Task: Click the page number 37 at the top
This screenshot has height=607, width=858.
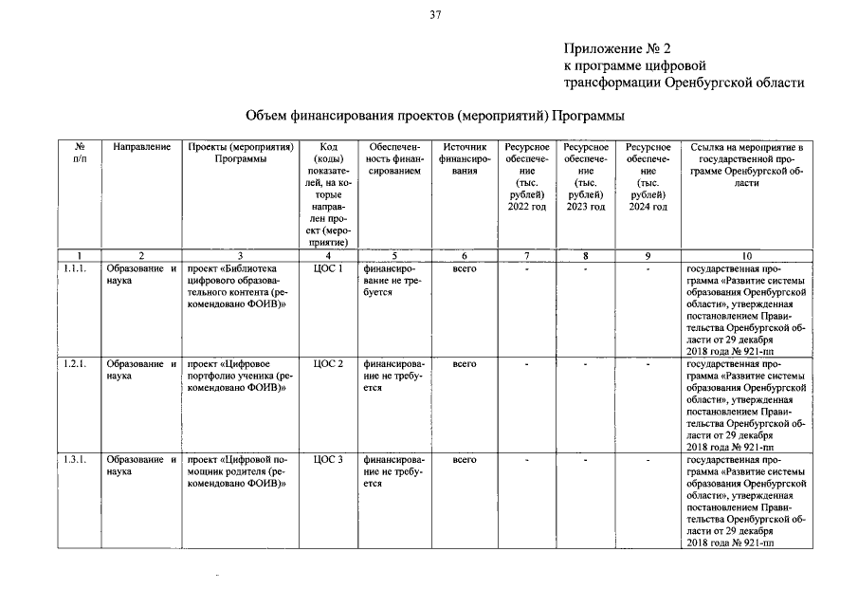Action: [x=434, y=14]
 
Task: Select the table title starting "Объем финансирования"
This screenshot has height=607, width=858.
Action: [x=435, y=116]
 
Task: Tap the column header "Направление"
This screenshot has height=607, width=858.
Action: [x=141, y=148]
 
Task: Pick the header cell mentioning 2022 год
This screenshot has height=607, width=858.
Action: [x=527, y=176]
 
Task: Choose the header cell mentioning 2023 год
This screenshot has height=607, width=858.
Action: [x=586, y=176]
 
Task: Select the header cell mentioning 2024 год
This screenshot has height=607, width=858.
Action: [x=648, y=176]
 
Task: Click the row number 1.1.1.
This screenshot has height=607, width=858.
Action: [x=75, y=269]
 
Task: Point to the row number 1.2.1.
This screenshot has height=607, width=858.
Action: [x=75, y=364]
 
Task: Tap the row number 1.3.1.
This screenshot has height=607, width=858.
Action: [x=75, y=460]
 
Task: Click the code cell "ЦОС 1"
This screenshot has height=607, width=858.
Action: [x=327, y=269]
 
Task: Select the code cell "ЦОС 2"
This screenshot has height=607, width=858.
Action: [x=327, y=364]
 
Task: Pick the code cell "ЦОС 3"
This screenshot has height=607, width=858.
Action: [x=327, y=460]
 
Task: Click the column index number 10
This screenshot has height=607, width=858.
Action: [x=747, y=255]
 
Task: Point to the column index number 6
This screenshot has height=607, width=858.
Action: [x=465, y=255]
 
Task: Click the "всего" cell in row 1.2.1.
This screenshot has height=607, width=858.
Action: [x=465, y=364]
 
